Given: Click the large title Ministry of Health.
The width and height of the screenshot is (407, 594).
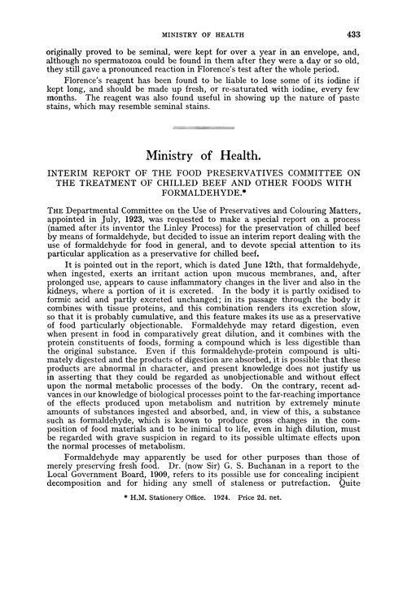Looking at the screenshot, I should coord(203,157).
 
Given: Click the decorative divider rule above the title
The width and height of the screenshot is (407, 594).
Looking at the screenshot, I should coord(203,128).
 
